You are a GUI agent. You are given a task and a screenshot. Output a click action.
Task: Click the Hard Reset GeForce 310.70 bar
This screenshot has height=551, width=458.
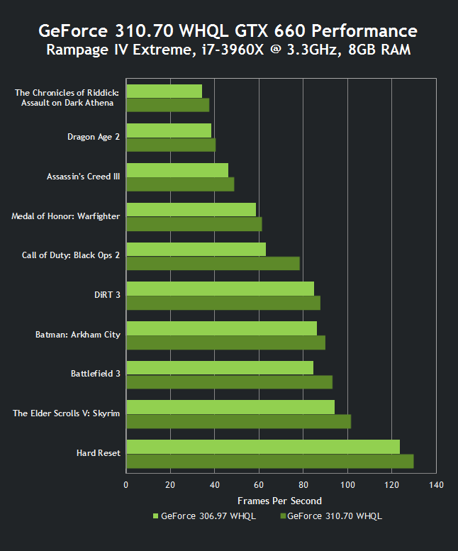[x=269, y=461]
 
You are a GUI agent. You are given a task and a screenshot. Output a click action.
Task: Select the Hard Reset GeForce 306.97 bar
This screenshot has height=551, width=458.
[x=262, y=446]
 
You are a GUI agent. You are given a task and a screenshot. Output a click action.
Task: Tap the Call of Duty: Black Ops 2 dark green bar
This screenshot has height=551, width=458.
[x=213, y=263]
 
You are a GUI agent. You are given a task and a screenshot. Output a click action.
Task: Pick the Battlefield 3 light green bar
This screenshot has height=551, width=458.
[x=219, y=367]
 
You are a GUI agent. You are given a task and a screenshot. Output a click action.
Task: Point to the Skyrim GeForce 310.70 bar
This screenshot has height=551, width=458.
[x=238, y=421]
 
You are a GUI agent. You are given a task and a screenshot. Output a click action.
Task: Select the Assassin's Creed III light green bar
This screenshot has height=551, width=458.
[x=177, y=170]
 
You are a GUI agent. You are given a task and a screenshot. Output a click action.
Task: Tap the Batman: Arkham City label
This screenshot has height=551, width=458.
[x=78, y=334]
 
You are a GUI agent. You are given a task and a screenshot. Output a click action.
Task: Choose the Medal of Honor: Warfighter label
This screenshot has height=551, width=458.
[x=66, y=216]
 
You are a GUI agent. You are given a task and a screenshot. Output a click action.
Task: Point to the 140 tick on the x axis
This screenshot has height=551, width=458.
[x=436, y=485]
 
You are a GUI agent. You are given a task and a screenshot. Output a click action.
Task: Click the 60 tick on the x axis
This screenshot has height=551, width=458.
[x=259, y=485]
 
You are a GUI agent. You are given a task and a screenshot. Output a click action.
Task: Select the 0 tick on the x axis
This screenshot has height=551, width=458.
[x=126, y=485]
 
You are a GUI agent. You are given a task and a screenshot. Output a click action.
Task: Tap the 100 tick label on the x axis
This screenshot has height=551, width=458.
[x=347, y=485]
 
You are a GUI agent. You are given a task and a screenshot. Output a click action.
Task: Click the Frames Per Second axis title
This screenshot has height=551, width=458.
[x=279, y=501]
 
